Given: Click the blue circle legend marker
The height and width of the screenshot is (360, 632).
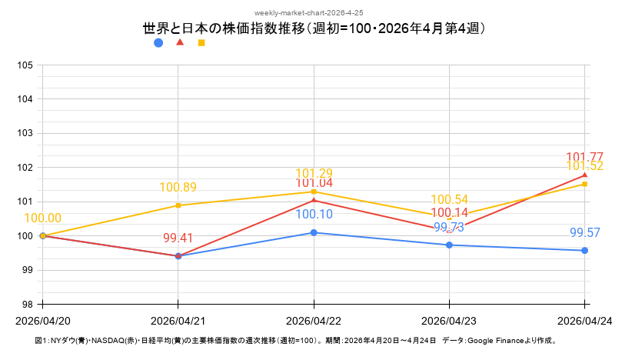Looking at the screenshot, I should point(158,43).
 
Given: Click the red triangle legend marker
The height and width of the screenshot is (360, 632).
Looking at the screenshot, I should point(180,42).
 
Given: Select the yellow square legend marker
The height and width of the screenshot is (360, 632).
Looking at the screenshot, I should point(201,43).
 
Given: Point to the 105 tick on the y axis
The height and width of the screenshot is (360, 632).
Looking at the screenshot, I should point(25,65).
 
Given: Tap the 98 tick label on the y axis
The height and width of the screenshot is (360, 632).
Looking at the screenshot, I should point(25,304).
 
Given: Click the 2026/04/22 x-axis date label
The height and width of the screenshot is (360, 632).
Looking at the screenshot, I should point(314,320).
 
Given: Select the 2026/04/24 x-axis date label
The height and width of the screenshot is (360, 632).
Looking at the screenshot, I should point(584,320).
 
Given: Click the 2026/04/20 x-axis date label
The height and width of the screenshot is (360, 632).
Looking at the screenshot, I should point(43,320).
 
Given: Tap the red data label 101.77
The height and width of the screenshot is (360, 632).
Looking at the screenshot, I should point(584,158).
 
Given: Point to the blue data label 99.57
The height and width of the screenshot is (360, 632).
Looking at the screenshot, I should point(585,232).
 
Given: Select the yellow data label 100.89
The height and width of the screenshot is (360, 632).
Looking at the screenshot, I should point(178,187).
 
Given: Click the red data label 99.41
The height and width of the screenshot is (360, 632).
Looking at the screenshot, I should point(178,238).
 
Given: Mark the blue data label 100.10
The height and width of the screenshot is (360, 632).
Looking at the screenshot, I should point(314,215).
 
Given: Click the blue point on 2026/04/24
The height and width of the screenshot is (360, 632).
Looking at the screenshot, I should point(585,250).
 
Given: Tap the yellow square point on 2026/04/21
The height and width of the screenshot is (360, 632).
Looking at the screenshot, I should point(178,205).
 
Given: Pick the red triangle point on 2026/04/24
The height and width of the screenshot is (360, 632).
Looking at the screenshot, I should point(585,175).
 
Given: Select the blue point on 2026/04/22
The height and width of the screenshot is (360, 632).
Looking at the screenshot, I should point(314,232).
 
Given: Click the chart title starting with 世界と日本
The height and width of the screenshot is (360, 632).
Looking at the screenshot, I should point(315,29).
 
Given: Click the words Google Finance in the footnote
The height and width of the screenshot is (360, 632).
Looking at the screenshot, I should point(496,340).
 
